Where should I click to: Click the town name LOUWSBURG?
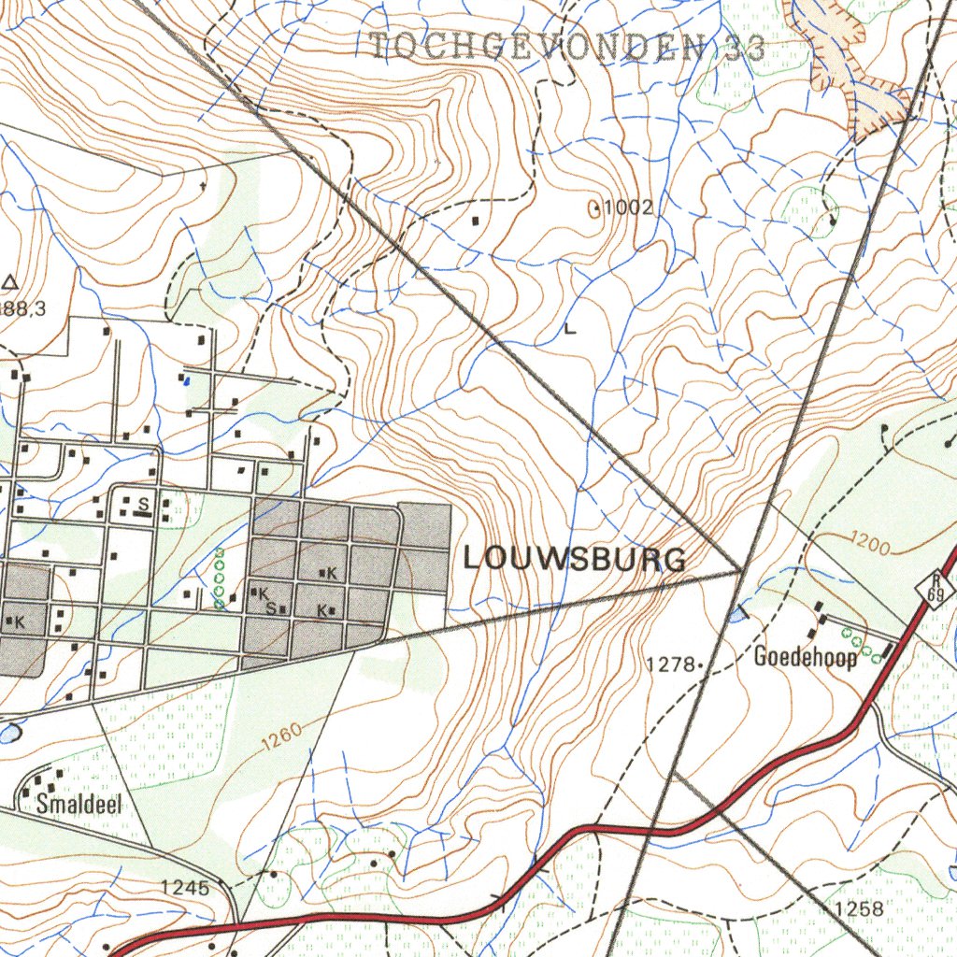pyautogui.click(x=575, y=559)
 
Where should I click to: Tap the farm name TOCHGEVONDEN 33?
pyautogui.click(x=567, y=46)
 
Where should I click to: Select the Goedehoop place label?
pyautogui.click(x=805, y=657)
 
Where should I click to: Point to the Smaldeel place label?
pyautogui.click(x=79, y=804)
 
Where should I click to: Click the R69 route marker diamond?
pyautogui.click(x=934, y=589)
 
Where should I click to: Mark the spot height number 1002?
pyautogui.click(x=627, y=207)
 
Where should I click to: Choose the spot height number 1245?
pyautogui.click(x=184, y=887)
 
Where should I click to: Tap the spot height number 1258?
pyautogui.click(x=858, y=909)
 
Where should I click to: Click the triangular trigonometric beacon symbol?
pyautogui.click(x=10, y=281)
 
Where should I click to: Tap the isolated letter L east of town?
pyautogui.click(x=570, y=329)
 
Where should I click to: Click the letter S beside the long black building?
pyautogui.click(x=143, y=504)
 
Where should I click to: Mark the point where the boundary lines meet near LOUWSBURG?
pyautogui.click(x=741, y=568)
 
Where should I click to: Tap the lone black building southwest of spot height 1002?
pyautogui.click(x=477, y=221)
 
